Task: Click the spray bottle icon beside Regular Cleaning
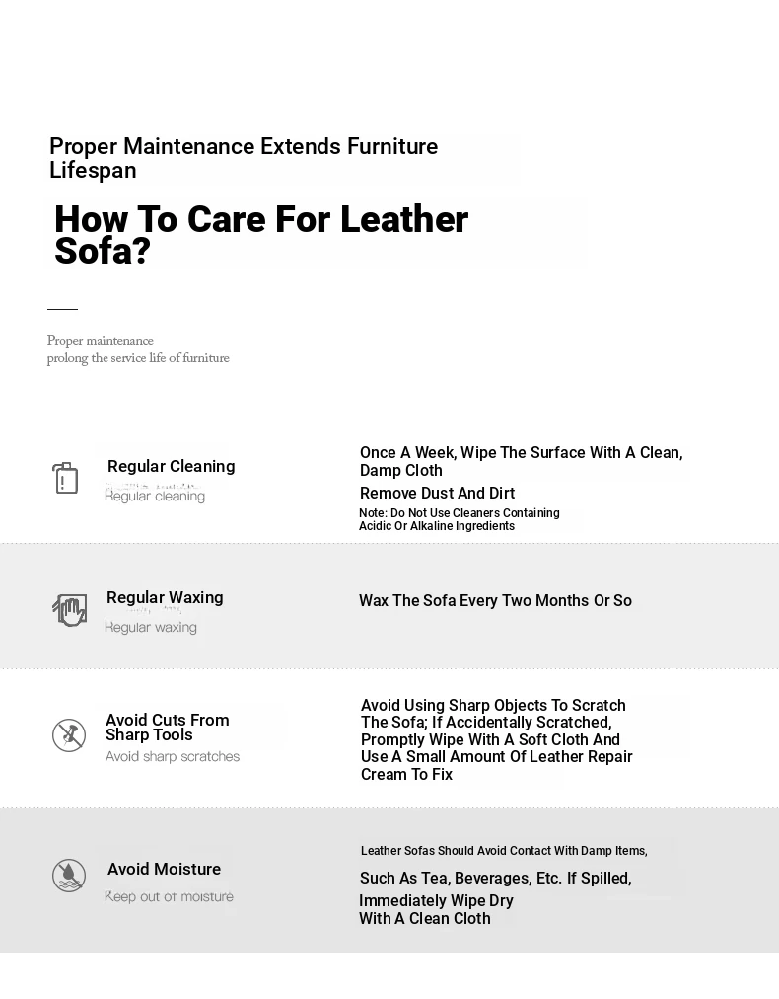point(65,478)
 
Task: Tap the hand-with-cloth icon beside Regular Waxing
point(69,609)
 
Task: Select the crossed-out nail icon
point(69,734)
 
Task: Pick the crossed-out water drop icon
point(69,876)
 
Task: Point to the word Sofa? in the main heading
point(103,252)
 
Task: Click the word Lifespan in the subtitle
point(93,170)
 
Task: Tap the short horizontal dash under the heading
point(62,309)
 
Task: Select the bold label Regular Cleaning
point(171,466)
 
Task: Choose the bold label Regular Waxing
point(165,597)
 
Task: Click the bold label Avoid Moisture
point(164,869)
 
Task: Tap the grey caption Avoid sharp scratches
point(173,757)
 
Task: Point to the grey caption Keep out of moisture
point(169,896)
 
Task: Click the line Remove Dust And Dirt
point(437,493)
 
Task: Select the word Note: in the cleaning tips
point(373,513)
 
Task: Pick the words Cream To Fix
point(406,774)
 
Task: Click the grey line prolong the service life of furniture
point(138,358)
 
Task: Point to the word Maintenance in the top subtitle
point(188,146)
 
